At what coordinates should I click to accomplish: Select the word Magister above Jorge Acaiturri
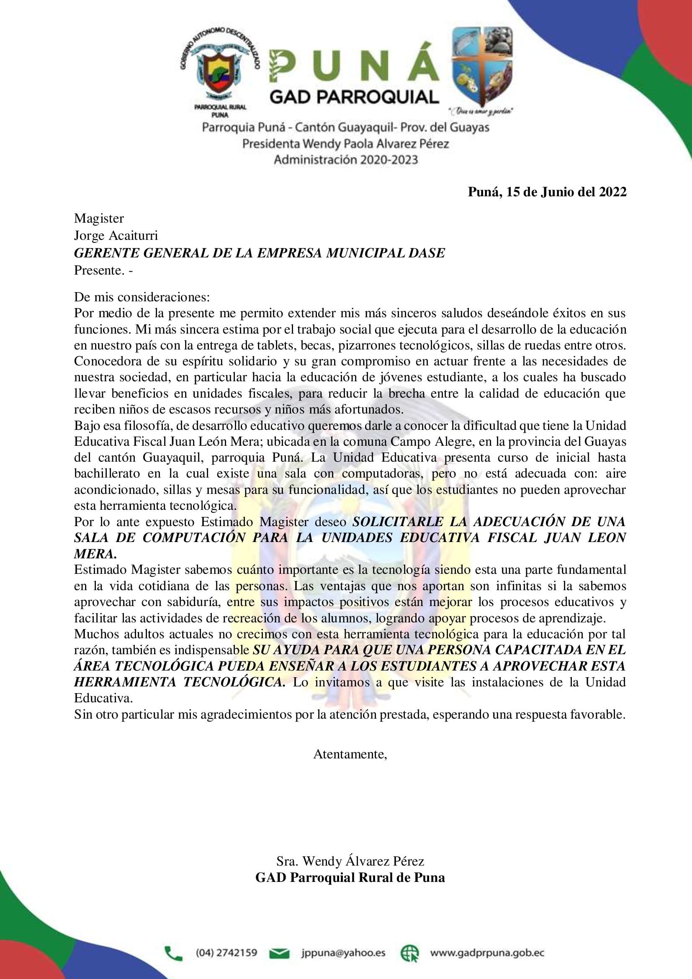[x=99, y=219]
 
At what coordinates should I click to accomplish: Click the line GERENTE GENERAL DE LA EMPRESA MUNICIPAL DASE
[x=259, y=253]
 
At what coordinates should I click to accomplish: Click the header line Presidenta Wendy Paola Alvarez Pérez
[x=346, y=144]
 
